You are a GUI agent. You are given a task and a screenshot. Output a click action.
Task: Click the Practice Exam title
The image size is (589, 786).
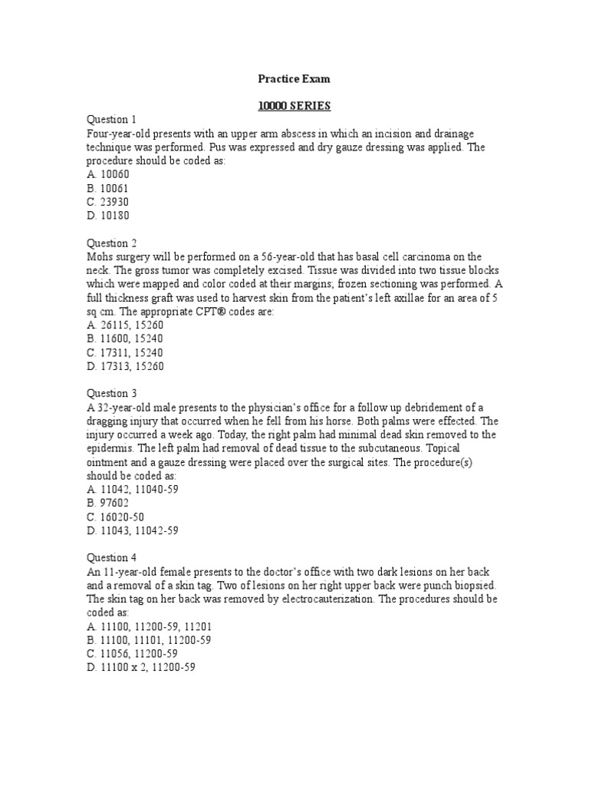tap(294, 78)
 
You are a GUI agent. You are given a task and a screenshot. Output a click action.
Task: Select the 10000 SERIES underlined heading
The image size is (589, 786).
tap(294, 105)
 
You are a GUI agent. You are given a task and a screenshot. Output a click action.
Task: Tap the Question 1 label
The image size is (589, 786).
tap(112, 119)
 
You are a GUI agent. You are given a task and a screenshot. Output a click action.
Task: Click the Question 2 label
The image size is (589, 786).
tap(112, 243)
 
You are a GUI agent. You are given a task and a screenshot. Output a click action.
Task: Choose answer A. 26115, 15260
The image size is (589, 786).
tap(125, 325)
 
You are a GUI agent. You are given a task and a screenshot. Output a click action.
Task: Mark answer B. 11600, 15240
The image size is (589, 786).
tap(125, 339)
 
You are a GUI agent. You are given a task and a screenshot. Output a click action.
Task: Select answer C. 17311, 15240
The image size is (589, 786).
tap(125, 352)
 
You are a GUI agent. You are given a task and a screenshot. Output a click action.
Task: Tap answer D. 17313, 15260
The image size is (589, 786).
tap(125, 366)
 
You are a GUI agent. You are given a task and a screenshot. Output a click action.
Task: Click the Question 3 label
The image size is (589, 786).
tap(112, 394)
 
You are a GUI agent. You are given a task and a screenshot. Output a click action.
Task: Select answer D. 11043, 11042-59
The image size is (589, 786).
tap(133, 530)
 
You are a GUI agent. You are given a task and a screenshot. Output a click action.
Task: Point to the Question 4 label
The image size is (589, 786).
tap(112, 558)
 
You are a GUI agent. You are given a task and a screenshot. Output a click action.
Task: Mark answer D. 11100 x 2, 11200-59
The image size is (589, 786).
tap(142, 668)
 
